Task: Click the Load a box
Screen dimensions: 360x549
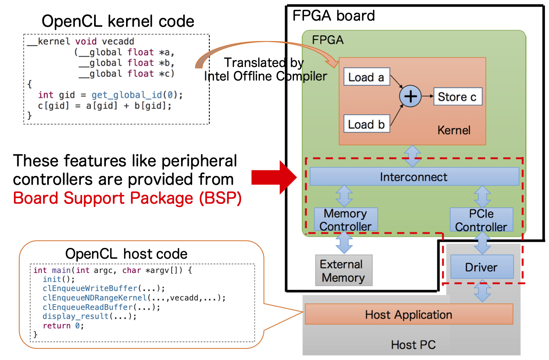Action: pos(366,77)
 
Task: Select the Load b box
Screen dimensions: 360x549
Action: pos(366,124)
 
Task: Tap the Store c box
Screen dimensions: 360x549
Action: pos(457,97)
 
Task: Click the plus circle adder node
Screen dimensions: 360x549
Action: pos(411,96)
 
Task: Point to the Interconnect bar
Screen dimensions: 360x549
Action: pos(414,177)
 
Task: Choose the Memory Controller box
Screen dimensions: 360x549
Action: pos(345,220)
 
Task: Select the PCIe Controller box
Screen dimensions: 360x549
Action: pos(481,220)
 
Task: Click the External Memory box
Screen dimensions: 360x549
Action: pos(343,271)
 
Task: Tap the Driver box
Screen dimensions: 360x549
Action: pos(482,267)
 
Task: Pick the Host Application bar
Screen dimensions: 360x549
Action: pos(409,315)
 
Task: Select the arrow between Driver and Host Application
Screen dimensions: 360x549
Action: pos(482,291)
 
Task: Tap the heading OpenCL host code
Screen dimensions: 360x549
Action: pos(126,254)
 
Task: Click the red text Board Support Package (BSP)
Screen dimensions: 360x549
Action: pos(127,198)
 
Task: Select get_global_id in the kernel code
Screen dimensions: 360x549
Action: pos(125,95)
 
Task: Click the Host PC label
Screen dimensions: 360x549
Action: pos(413,345)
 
